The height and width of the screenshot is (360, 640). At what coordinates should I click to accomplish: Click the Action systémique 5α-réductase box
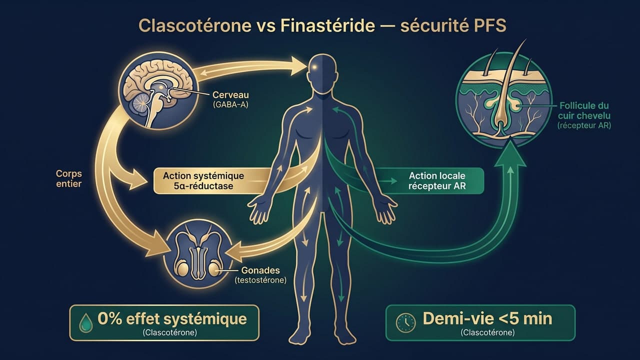click(203, 180)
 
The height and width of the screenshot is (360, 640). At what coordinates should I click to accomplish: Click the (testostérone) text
click(260, 280)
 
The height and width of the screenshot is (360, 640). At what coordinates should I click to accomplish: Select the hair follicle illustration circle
click(503, 102)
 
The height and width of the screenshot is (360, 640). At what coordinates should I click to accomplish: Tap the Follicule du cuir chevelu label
click(584, 111)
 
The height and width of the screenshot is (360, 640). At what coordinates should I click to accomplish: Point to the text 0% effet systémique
click(172, 318)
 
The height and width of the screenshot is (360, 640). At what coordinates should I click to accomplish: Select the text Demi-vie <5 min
click(487, 318)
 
